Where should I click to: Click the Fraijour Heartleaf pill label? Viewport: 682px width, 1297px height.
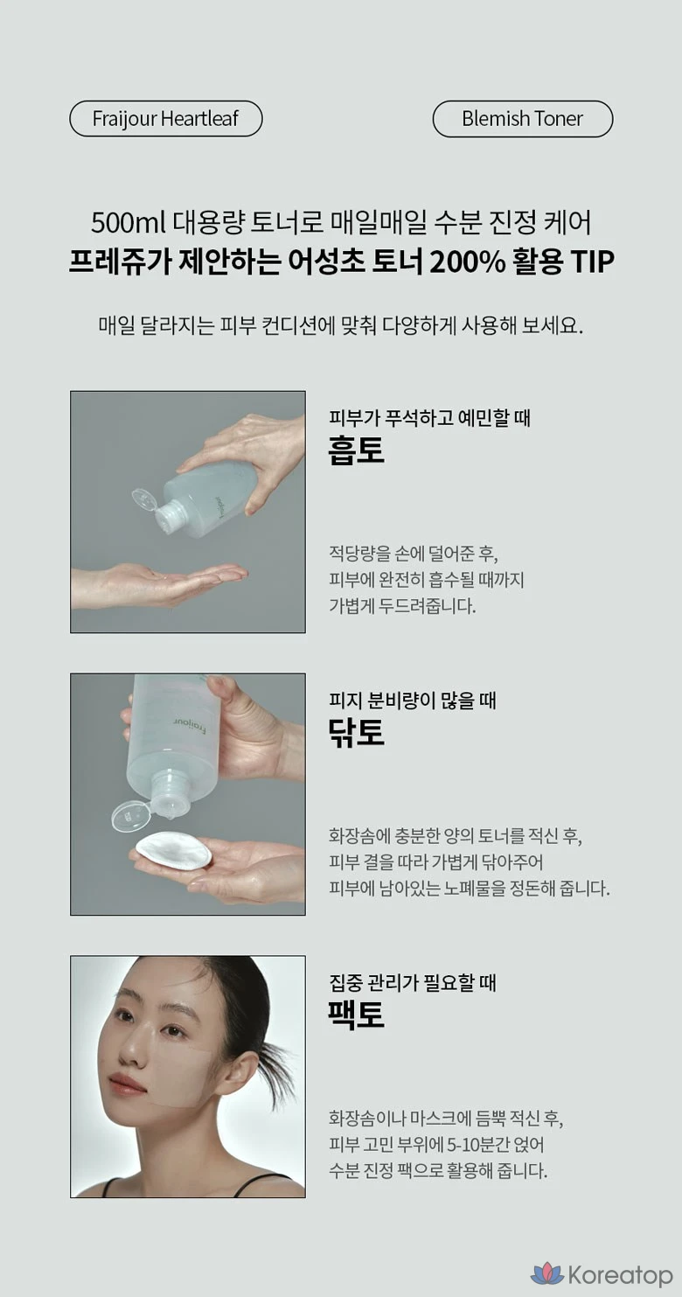pyautogui.click(x=165, y=119)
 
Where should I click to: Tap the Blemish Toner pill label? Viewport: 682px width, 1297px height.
pyautogui.click(x=522, y=119)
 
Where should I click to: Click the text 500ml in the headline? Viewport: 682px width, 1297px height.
pyautogui.click(x=128, y=223)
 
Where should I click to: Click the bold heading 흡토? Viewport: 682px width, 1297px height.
pyautogui.click(x=356, y=450)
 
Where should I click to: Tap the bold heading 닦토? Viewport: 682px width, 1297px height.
pyautogui.click(x=356, y=732)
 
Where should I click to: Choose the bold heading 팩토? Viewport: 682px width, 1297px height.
pyautogui.click(x=356, y=1015)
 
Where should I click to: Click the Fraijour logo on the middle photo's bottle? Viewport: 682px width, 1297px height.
pyautogui.click(x=190, y=724)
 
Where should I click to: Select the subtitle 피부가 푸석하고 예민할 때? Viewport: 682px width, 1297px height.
pyautogui.click(x=429, y=417)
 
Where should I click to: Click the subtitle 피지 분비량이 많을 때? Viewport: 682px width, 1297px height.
pyautogui.click(x=412, y=700)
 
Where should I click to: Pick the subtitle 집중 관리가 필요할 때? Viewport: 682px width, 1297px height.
pyautogui.click(x=412, y=982)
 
